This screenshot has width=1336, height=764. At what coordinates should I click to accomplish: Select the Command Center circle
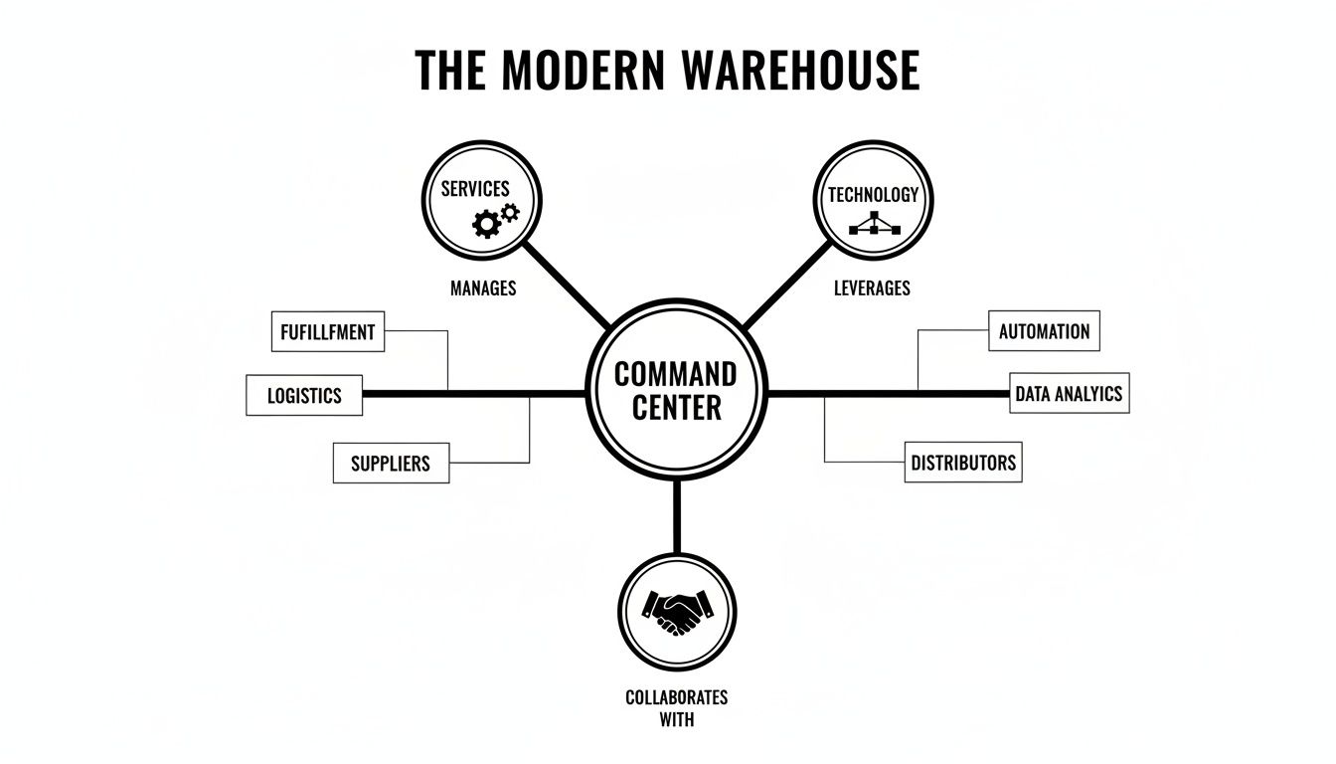click(676, 390)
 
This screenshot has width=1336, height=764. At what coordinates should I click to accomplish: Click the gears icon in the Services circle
click(495, 220)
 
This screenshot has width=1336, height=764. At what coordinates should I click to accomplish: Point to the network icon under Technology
click(874, 223)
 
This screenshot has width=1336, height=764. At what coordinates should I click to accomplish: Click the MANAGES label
click(483, 288)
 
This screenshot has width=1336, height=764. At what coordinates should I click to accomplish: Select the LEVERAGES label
click(872, 288)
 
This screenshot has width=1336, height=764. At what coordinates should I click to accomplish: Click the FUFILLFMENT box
click(327, 332)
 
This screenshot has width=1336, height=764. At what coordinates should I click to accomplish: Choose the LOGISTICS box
click(304, 396)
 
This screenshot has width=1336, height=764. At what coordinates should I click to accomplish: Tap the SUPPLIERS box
click(391, 464)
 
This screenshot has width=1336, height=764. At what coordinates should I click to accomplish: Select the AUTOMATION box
click(1044, 331)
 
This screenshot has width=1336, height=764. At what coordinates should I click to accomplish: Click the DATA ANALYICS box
click(1069, 394)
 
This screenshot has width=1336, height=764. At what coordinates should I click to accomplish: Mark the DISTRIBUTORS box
click(962, 463)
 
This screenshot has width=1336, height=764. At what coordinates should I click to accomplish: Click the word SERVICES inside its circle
click(475, 189)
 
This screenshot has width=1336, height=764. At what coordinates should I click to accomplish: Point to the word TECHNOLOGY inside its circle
click(874, 195)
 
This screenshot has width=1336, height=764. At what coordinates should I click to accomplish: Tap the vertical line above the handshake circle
click(677, 514)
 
